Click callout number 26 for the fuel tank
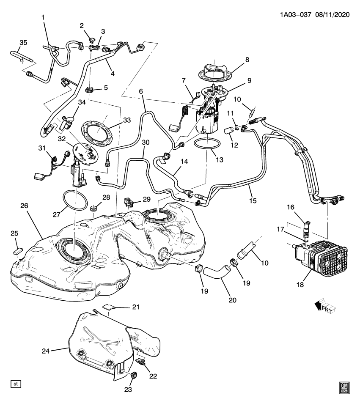24,206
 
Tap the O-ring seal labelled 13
207,144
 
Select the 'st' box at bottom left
16,384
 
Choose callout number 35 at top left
23,42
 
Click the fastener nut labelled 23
134,374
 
